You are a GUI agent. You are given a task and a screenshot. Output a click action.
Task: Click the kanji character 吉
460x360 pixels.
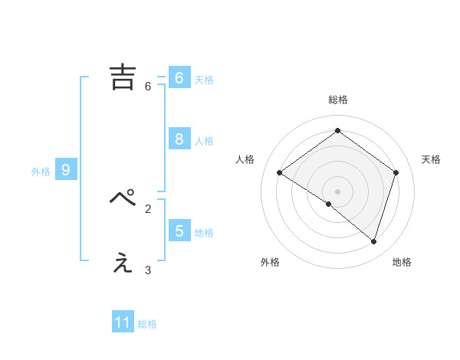point(123,77)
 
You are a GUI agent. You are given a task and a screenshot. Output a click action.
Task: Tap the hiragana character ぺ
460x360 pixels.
point(123,198)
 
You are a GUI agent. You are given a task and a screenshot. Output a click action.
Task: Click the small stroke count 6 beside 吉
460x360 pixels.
point(148,87)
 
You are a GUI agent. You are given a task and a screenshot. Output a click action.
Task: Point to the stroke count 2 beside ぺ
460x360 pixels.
point(148,208)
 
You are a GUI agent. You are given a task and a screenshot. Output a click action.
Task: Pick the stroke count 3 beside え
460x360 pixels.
point(148,270)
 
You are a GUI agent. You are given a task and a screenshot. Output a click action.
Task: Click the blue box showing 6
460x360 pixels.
point(179,78)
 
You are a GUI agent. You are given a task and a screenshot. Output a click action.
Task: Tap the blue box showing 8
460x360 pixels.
point(179,139)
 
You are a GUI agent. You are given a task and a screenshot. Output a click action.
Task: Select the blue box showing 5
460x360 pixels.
point(179,231)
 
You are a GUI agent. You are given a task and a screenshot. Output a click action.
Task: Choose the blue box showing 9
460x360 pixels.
point(66,170)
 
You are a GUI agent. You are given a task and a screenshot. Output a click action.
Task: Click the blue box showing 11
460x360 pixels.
point(123,322)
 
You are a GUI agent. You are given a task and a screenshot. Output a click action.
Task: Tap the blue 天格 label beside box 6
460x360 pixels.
point(204,80)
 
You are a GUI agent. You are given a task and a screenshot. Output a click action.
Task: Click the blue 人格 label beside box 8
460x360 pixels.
point(204,141)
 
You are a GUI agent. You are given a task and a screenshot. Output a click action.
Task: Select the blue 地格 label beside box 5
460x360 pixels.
point(204,233)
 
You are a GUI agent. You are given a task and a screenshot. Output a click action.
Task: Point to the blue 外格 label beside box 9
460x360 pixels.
point(41,172)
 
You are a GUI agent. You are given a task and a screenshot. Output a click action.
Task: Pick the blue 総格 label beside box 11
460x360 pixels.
point(147,324)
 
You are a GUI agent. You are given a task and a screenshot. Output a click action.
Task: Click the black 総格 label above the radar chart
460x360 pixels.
point(337,100)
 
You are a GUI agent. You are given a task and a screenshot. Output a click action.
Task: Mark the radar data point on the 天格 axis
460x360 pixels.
point(396,172)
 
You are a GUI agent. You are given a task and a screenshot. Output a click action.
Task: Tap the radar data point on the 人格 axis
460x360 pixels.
point(279,172)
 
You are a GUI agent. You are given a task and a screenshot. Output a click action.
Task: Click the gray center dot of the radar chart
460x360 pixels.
point(337,191)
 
